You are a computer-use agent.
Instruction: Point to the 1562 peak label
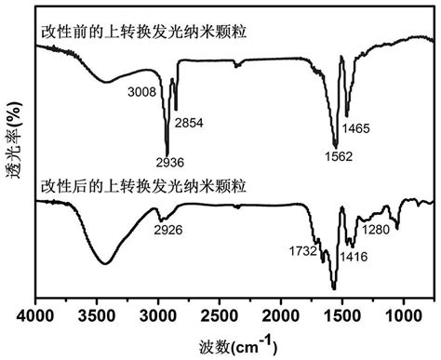336,156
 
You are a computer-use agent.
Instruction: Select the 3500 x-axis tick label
97,316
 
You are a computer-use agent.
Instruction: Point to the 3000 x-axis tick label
158,316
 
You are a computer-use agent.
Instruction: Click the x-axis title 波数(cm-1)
236,346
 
